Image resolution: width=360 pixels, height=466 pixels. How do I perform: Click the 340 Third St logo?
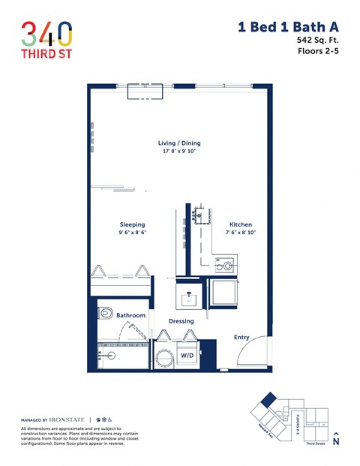pos(46,38)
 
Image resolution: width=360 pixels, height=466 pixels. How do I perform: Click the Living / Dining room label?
pos(179,143)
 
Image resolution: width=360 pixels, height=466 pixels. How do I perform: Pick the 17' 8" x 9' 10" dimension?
pos(179,152)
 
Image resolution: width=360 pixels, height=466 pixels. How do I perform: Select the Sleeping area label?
pos(132,225)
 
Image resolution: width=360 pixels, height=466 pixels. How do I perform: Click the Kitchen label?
pos(241,225)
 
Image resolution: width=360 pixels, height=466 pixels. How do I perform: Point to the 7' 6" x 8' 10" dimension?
pos(241,233)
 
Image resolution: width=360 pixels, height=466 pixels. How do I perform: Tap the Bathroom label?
pos(130,315)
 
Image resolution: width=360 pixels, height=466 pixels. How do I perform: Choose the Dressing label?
pos(181,321)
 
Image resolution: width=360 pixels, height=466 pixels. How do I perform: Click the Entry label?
pos(241,337)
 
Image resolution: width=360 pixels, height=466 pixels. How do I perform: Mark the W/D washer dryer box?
pos(187,355)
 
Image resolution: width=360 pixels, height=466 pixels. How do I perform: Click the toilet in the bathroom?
pos(106,313)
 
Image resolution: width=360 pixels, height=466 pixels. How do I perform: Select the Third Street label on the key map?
pos(316,444)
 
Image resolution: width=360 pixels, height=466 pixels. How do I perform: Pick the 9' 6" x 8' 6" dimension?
pos(132,233)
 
